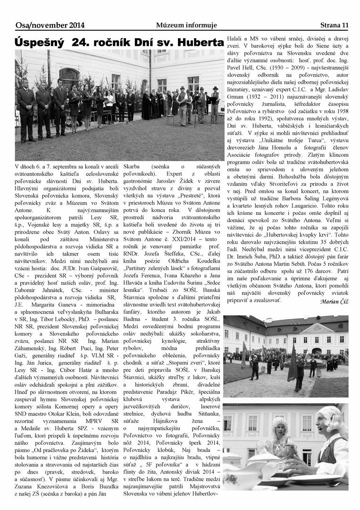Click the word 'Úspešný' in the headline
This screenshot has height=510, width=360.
(40, 42)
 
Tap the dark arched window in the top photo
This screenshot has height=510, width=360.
(69, 76)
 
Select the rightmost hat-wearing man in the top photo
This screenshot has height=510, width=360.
(215, 102)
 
